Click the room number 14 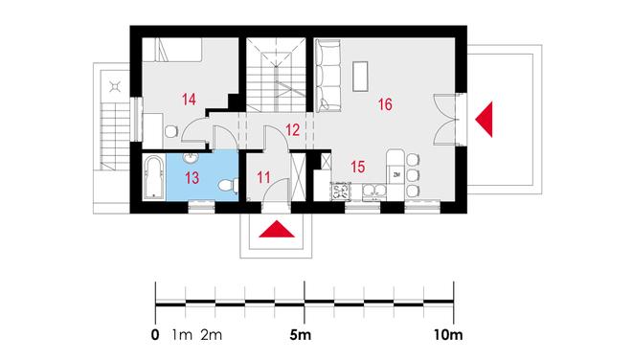189,100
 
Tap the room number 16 385,104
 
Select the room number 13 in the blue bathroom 192,177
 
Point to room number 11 263,177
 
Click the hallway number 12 293,130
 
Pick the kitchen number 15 358,167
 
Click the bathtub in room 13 153,177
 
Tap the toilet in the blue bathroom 228,186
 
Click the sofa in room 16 327,76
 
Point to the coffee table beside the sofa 360,77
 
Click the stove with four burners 341,191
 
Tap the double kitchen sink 374,191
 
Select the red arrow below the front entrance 277,230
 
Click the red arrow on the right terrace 485,120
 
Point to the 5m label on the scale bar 301,334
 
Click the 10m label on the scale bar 448,334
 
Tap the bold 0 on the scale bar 155,334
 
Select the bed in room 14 178,50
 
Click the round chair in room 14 171,131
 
